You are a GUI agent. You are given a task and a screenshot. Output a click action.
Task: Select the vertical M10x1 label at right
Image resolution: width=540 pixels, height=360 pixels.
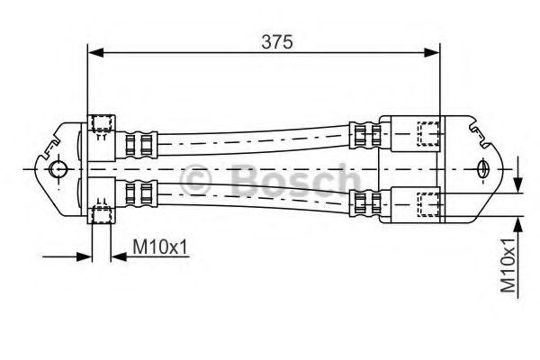[510, 265]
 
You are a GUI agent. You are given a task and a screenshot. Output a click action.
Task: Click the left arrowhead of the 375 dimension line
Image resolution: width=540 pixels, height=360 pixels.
[94, 54]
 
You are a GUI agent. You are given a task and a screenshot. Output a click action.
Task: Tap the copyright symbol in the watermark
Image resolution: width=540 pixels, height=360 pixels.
[199, 181]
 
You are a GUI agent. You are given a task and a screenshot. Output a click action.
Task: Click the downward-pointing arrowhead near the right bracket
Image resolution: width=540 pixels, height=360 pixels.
[518, 183]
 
